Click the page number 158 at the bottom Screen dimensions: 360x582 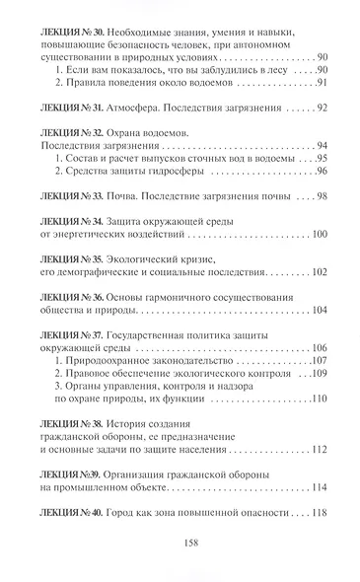(180, 543)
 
